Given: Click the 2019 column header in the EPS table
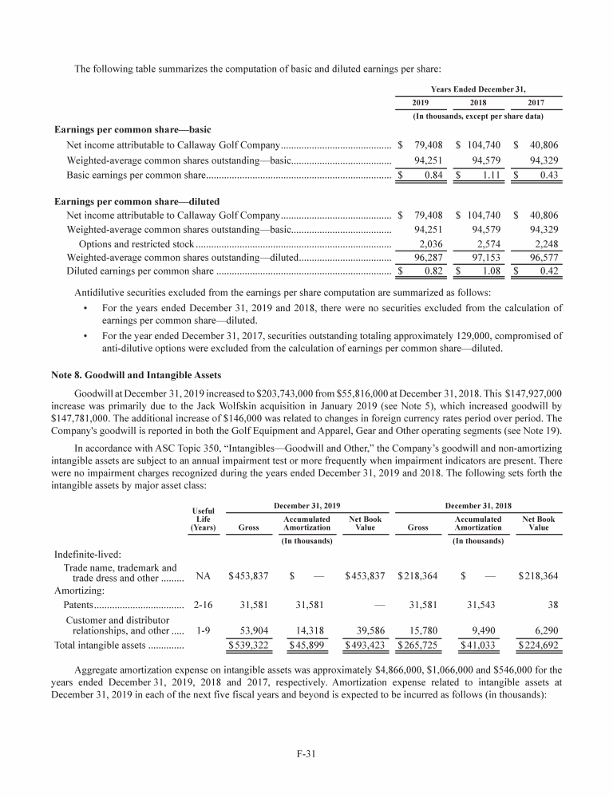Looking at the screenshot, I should [420, 103].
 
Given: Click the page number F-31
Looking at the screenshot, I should [306, 750].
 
